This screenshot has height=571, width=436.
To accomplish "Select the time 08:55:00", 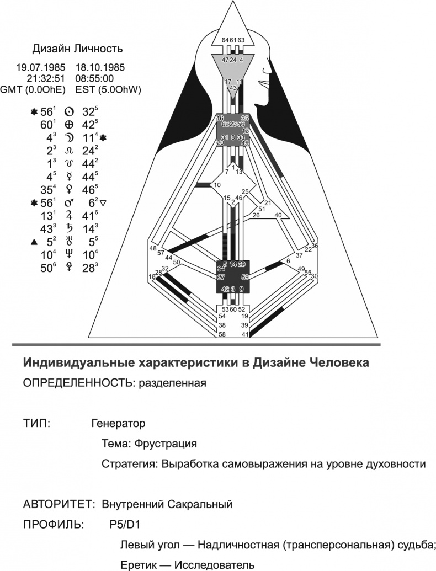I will tap(98, 78).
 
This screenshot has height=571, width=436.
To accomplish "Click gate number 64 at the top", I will tap(225, 40).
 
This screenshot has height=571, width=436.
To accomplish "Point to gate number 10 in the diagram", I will tap(217, 185).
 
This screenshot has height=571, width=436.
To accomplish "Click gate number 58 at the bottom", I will tap(222, 334).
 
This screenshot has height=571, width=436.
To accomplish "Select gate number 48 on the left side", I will tap(153, 249).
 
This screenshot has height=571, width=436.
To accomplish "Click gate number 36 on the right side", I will tap(315, 246).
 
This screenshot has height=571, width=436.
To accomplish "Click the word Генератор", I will tap(118, 424).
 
